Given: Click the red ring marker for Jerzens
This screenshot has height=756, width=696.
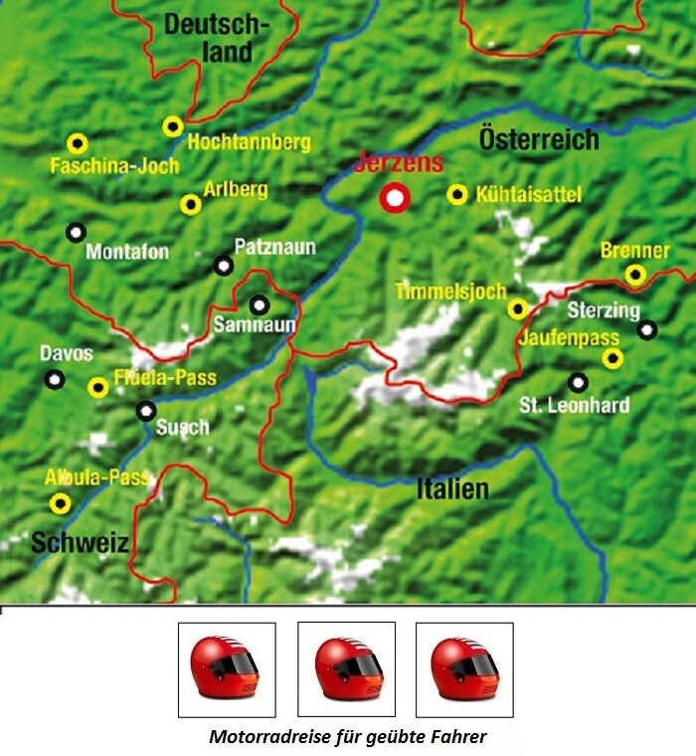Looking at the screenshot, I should [x=396, y=198].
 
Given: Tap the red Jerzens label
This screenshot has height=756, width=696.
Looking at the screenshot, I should [x=398, y=165].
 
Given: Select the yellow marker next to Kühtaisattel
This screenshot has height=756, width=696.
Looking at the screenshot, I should [x=457, y=195].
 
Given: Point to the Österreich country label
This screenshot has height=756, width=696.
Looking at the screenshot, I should [x=539, y=139].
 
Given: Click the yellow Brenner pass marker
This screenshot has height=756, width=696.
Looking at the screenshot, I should [x=635, y=275].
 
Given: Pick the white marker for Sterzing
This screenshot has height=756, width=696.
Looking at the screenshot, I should [x=647, y=329].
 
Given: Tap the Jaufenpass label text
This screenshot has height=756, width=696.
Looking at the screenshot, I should [x=570, y=338].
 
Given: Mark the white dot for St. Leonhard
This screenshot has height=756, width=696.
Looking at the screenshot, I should [x=578, y=382].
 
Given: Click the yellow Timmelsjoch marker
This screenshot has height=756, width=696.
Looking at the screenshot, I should [x=517, y=308].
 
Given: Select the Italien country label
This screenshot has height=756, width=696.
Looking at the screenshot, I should [x=452, y=488].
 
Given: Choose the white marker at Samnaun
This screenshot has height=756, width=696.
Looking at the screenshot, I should [x=260, y=305].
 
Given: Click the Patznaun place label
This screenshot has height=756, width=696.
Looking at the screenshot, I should [x=266, y=245].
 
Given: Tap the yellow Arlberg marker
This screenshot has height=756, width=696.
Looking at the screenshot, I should [x=191, y=205].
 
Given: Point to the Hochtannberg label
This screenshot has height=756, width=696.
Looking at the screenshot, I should [x=249, y=142].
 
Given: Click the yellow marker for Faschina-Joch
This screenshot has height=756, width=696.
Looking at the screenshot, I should [x=77, y=143].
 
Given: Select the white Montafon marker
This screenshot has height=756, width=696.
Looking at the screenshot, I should [x=76, y=233].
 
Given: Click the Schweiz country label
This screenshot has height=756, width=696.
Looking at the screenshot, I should [x=80, y=543].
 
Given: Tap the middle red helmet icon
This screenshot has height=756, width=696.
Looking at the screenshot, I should [x=347, y=668].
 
